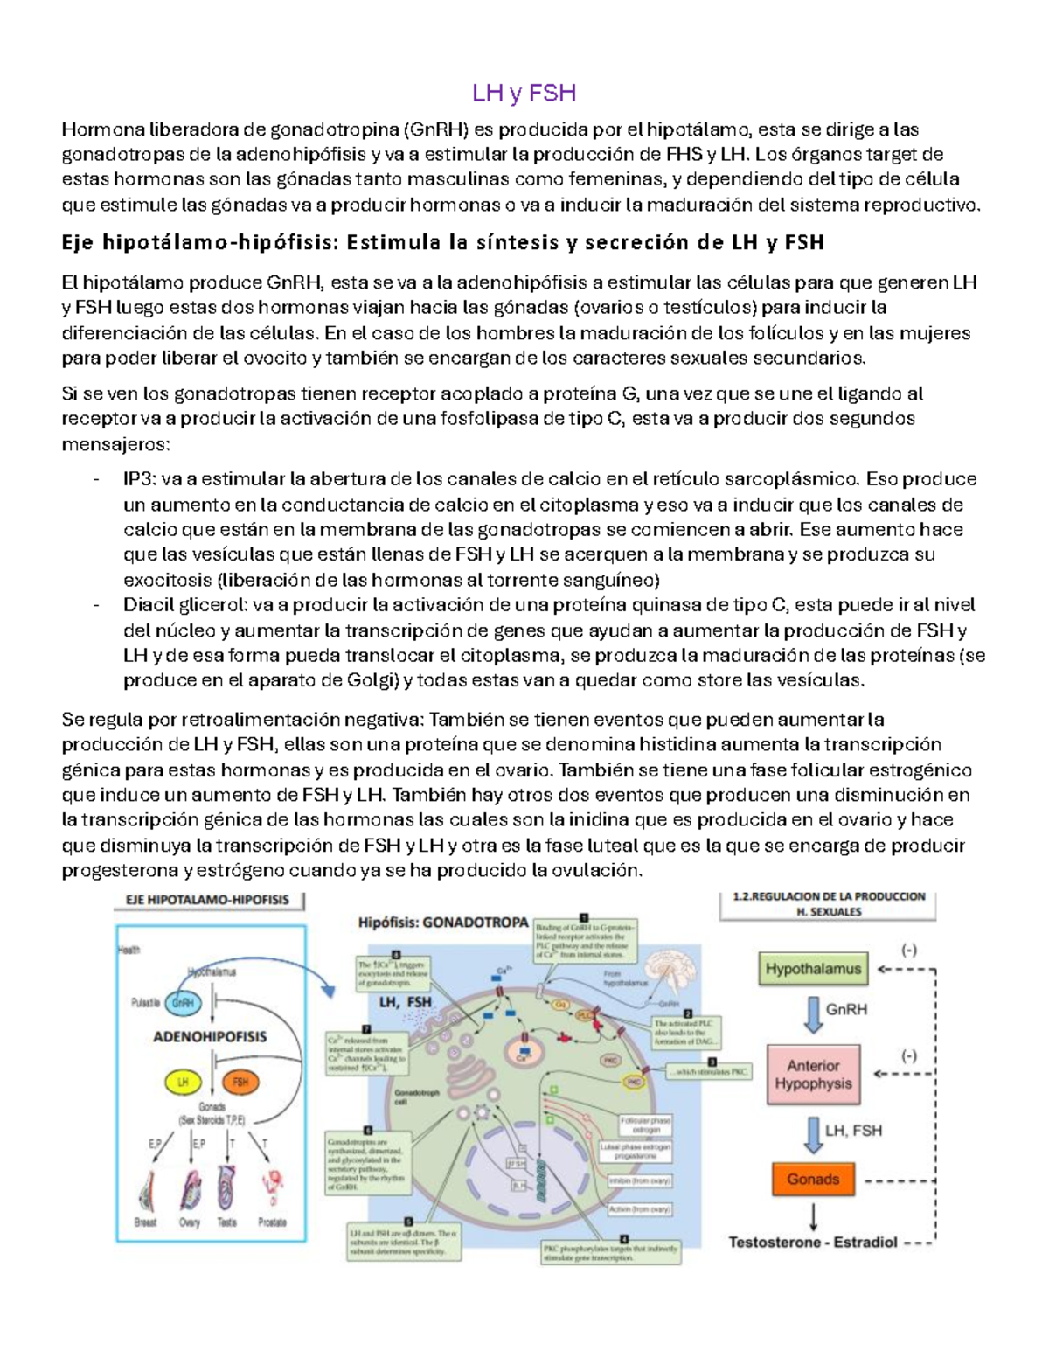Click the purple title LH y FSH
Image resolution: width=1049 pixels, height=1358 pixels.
point(524,93)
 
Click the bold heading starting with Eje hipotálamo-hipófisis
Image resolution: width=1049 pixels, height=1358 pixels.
point(442,242)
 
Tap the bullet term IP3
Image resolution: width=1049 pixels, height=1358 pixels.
point(140,479)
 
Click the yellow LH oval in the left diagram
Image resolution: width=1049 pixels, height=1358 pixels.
point(184,1082)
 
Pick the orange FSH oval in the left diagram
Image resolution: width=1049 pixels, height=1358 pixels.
point(240,1082)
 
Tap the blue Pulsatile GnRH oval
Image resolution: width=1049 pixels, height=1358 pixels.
point(183,1003)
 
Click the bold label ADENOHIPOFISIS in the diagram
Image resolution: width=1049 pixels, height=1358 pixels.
point(210,1037)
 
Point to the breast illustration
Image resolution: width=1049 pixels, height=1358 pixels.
point(146,1190)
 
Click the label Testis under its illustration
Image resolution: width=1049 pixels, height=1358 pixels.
point(226,1222)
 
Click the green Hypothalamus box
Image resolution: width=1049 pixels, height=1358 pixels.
point(813,969)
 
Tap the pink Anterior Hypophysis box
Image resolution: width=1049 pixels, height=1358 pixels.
point(813,1075)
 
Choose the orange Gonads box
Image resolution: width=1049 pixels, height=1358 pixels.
point(813,1179)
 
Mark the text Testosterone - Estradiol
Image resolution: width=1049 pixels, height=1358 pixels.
point(813,1243)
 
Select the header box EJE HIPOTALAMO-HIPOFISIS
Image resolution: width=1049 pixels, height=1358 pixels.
point(208,900)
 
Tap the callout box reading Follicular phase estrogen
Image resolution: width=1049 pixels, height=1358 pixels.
point(645,1125)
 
